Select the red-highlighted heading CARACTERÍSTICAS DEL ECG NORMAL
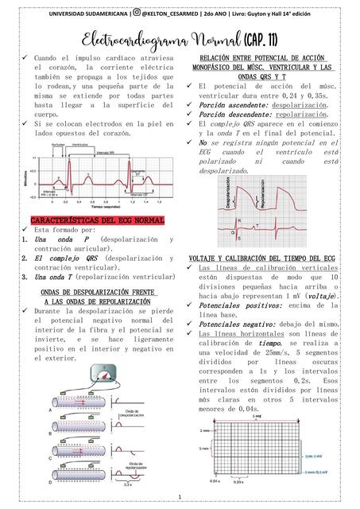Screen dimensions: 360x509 pos(98,220)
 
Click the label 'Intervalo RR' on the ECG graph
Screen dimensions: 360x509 pos(104,152)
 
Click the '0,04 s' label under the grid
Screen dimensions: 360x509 pos(215,481)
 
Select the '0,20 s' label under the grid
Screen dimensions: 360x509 pos(237,482)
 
